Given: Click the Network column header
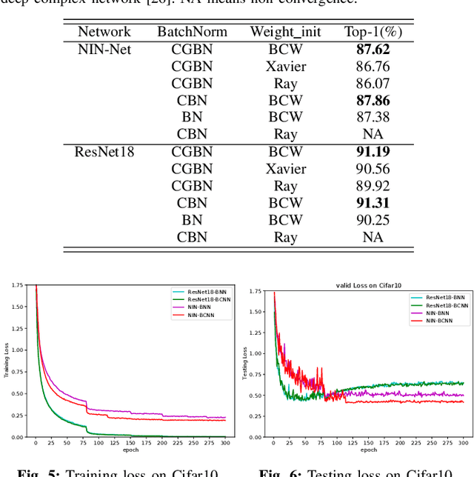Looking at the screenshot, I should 104,32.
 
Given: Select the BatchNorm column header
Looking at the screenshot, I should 192,32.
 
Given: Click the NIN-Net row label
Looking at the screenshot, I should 104,50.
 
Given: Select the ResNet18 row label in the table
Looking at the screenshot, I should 104,152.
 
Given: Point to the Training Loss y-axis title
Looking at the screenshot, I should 7,361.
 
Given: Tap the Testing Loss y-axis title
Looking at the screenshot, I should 245,364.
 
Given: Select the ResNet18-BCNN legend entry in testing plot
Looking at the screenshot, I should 440,306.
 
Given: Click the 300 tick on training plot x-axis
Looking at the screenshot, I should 223,442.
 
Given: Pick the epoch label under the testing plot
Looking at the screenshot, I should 368,449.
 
